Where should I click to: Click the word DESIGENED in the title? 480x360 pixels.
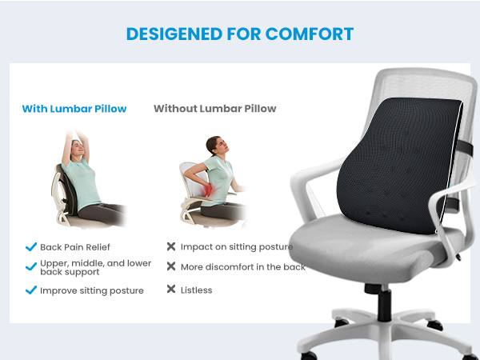click(x=172, y=34)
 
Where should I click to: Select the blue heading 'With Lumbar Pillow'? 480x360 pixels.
click(x=74, y=109)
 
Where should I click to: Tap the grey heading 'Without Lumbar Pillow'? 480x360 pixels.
click(x=214, y=109)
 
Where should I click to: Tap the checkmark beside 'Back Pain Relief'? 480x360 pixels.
click(x=31, y=247)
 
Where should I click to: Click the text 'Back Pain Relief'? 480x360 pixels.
click(x=75, y=247)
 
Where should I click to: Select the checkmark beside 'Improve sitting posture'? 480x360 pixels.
click(x=31, y=290)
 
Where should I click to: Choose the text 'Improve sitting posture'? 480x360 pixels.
click(x=91, y=290)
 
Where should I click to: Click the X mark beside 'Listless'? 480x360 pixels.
click(x=171, y=290)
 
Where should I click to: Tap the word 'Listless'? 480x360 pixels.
click(x=196, y=290)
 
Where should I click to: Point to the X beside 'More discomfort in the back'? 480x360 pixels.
click(x=171, y=266)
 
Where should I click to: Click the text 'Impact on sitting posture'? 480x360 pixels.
click(x=236, y=247)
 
